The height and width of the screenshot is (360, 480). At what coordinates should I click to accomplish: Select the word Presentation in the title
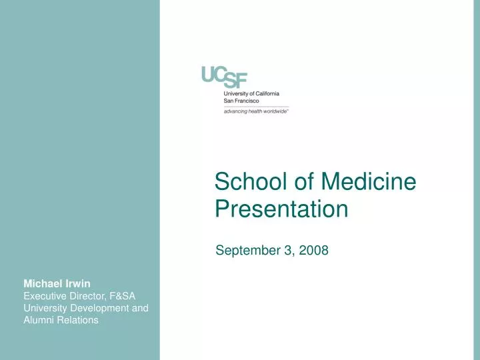click(281, 209)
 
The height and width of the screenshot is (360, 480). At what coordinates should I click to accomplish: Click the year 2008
click(315, 251)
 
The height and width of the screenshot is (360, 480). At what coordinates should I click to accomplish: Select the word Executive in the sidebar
click(46, 295)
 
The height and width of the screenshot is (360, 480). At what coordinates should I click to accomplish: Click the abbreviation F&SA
click(121, 295)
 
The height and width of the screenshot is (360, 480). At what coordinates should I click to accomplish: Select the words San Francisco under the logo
click(242, 101)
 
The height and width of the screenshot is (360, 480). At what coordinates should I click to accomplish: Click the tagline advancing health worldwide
click(256, 111)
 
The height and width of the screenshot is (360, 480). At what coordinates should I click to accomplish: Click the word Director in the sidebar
click(88, 295)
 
